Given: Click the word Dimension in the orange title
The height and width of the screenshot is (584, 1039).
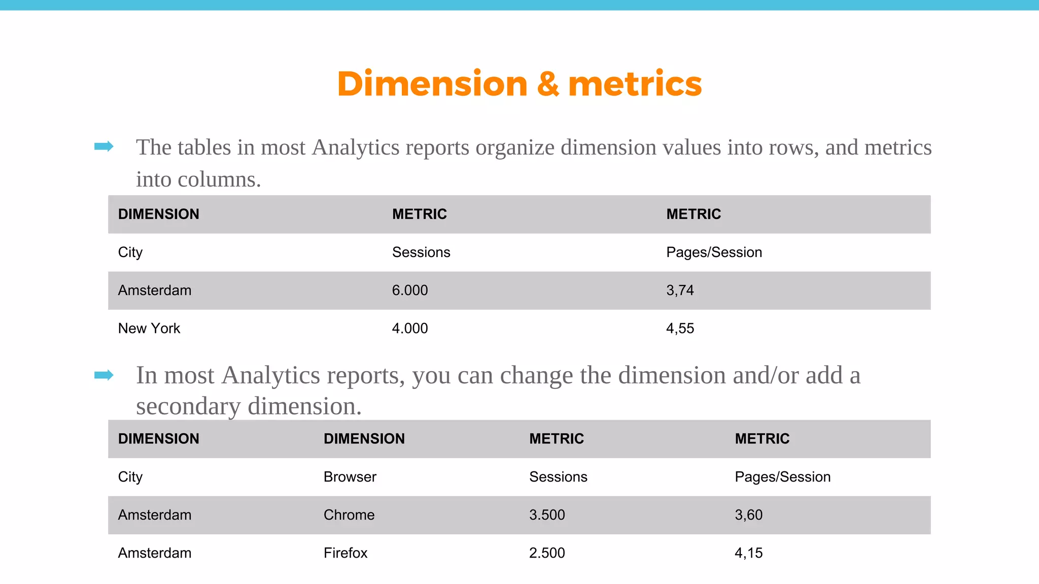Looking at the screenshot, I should [432, 84].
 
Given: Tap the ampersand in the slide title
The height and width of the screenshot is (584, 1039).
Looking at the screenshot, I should [548, 84].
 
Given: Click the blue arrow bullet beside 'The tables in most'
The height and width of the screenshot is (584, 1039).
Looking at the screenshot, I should [104, 147].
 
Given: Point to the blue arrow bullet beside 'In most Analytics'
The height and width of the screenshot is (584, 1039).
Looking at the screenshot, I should [104, 375].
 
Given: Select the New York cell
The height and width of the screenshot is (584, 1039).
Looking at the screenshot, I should [149, 328].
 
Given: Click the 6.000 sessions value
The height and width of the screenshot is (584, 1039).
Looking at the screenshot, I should [410, 290].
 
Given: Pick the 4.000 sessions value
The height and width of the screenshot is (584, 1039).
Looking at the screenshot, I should [410, 328].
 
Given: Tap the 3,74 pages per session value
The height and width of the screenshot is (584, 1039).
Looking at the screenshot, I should [680, 290].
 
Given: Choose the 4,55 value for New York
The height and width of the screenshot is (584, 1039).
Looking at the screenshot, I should [680, 328].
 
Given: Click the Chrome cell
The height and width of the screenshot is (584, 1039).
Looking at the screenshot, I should [349, 515].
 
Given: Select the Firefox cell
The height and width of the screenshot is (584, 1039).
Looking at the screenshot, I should [345, 553].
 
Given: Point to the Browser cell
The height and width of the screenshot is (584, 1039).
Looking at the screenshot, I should [350, 477].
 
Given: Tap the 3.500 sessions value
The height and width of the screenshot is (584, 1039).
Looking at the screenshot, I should [547, 515].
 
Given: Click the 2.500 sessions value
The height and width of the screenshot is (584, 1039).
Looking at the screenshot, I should [547, 553].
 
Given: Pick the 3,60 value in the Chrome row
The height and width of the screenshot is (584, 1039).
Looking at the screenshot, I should [748, 515].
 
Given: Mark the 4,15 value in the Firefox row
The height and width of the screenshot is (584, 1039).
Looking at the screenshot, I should [748, 553].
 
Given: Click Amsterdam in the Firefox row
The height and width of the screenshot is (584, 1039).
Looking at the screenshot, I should [155, 553].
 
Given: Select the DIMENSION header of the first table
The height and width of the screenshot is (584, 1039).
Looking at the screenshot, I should [159, 214].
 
